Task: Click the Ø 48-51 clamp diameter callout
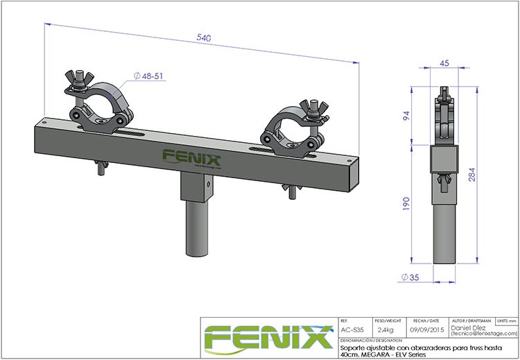click(x=148, y=76)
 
